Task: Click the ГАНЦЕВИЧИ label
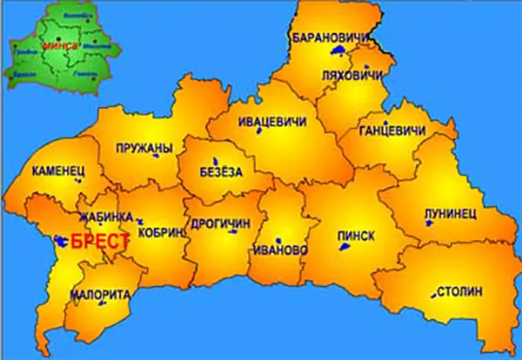(x=392, y=131)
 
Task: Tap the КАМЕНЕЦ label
(x=58, y=172)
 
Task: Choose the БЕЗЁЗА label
(x=221, y=172)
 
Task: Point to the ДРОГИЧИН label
(x=220, y=223)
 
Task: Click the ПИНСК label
(x=356, y=235)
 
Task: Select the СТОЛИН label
(x=458, y=290)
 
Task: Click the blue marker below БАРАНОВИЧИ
(x=335, y=53)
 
